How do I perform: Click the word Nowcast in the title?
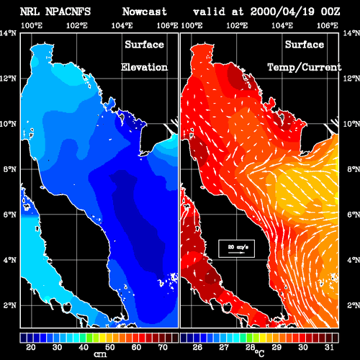click(145, 12)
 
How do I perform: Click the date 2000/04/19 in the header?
click(282, 12)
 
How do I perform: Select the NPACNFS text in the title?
click(68, 12)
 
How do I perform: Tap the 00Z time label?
click(330, 12)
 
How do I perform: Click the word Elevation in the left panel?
click(144, 67)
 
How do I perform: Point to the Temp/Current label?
click(305, 68)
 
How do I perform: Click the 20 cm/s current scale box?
click(236, 248)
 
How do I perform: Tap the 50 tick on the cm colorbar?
click(109, 347)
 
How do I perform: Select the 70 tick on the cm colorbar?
click(163, 347)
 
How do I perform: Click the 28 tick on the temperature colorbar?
click(250, 347)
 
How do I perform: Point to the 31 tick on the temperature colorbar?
click(329, 347)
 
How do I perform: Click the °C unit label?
click(259, 354)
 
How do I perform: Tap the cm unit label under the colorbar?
click(100, 354)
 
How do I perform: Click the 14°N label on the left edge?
click(9, 33)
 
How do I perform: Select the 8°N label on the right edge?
click(354, 169)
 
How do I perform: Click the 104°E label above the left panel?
click(122, 25)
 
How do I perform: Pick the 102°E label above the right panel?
click(237, 25)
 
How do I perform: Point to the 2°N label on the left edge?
click(10, 305)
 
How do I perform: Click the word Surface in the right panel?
click(305, 45)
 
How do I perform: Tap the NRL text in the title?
click(30, 12)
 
